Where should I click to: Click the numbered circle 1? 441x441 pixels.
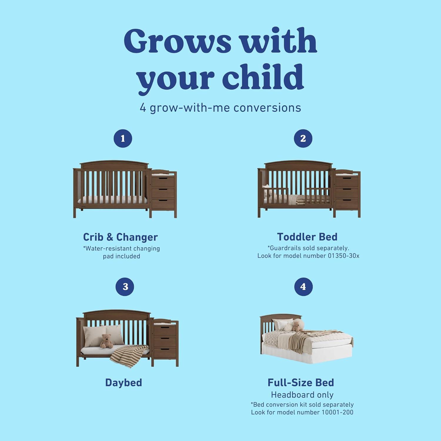[x=123, y=138]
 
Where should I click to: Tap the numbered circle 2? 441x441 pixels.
[x=303, y=138]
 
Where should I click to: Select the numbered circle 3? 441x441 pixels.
[x=125, y=287]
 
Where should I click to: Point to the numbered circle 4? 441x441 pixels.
[x=303, y=287]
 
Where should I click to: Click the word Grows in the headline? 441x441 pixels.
[x=178, y=41]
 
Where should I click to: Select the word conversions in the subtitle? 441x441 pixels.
[x=267, y=108]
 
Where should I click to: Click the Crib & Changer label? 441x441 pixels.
[x=120, y=237]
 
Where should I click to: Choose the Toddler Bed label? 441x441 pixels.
[x=307, y=237]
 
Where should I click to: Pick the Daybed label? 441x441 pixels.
[x=123, y=382]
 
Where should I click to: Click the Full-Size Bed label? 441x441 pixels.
[x=301, y=382]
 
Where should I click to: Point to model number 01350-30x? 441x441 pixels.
[x=343, y=256]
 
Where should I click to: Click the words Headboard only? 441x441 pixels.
[x=302, y=395]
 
